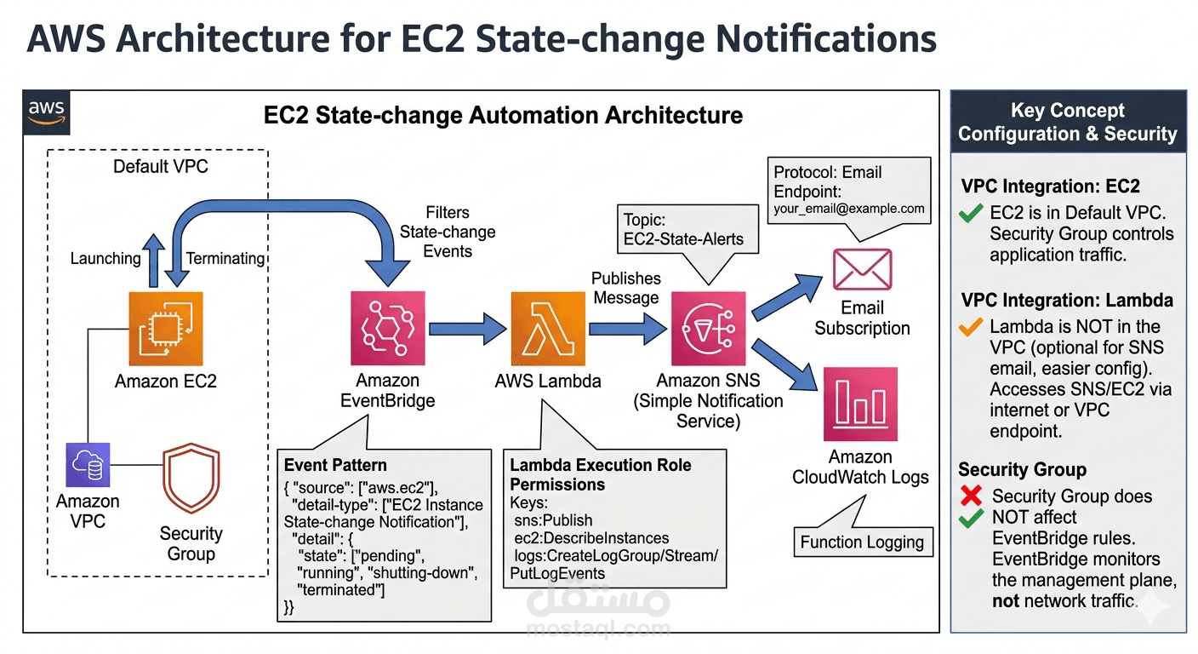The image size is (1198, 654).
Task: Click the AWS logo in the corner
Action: tap(47, 112)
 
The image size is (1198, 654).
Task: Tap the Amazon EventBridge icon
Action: tap(388, 328)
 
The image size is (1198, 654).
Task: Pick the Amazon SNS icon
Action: tap(708, 328)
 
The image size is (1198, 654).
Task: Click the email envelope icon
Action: tap(862, 270)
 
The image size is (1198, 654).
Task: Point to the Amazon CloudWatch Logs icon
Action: tap(860, 404)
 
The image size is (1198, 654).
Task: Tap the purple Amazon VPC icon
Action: tap(88, 465)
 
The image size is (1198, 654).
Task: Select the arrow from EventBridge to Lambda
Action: tap(467, 328)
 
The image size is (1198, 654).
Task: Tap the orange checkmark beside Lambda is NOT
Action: tap(970, 327)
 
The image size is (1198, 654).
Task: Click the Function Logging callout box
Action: tap(861, 542)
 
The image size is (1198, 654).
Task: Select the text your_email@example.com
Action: tap(848, 209)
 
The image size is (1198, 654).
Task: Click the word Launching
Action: tap(106, 258)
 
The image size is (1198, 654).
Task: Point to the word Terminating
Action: tap(225, 258)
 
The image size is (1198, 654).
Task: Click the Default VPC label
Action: tap(161, 166)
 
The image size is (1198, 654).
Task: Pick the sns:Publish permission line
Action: tap(554, 519)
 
